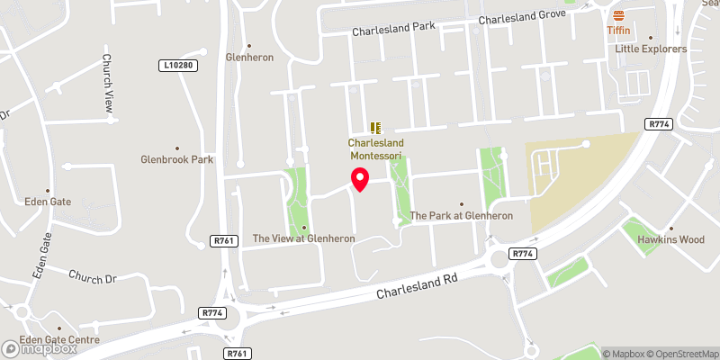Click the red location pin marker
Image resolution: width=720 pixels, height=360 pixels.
point(360,180)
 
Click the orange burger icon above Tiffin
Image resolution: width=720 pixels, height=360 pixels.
point(618,15)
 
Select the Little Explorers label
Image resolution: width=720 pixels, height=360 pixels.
point(651,49)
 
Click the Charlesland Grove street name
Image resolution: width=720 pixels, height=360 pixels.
point(521,18)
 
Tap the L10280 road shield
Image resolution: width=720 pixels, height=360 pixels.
point(178,66)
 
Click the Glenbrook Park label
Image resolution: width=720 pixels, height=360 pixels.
point(176,160)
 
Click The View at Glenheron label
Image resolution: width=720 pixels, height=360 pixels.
point(303,238)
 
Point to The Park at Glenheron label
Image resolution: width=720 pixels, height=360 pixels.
point(461,216)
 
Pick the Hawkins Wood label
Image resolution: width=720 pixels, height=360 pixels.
point(670,240)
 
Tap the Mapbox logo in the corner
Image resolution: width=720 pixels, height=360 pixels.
point(40,348)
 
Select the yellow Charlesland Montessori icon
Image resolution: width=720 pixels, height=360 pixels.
point(376,129)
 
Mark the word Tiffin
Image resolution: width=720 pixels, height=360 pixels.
point(618,30)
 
